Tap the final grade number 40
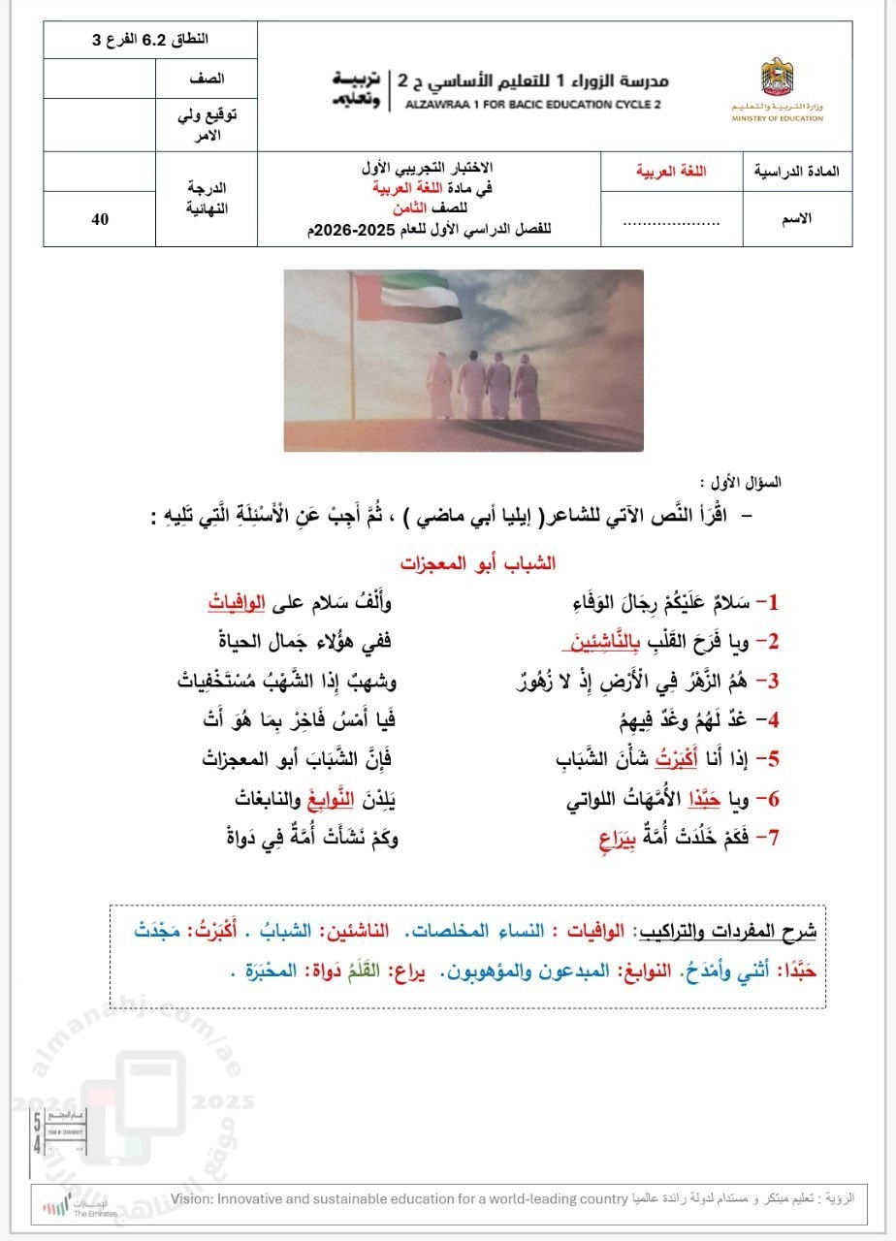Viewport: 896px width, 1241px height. point(100,218)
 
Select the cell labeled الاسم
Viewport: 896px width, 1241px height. point(796,218)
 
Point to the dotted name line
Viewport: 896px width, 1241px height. point(670,220)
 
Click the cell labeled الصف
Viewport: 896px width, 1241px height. point(206,78)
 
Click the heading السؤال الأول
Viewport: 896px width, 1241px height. point(740,482)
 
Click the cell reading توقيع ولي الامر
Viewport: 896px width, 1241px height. point(206,124)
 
